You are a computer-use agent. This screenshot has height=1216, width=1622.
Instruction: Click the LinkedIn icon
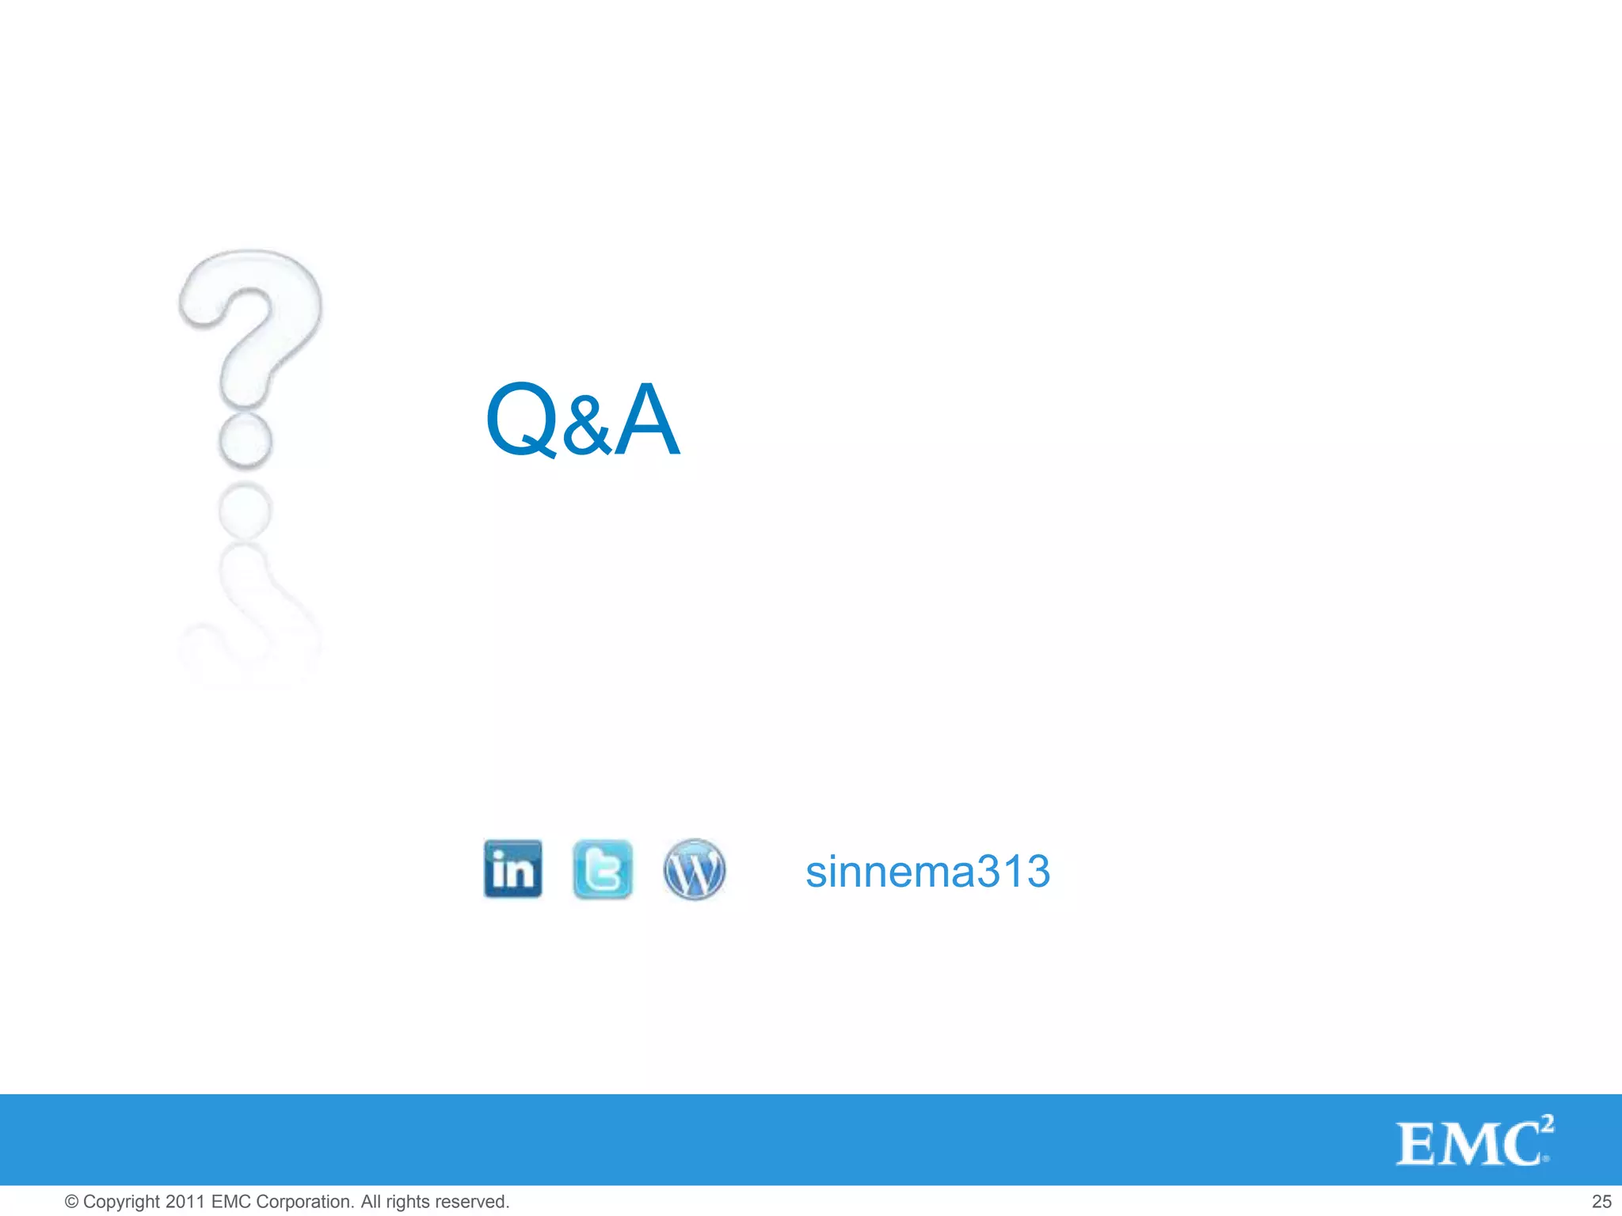(x=513, y=869)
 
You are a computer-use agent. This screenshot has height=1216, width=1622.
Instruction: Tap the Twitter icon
(x=603, y=869)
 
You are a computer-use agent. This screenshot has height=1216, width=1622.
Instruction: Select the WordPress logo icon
(x=694, y=869)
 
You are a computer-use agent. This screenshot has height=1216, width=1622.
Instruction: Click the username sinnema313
(x=927, y=872)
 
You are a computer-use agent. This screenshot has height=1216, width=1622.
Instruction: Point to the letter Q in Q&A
(x=522, y=420)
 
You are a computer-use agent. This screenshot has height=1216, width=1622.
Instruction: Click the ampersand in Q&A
(x=588, y=427)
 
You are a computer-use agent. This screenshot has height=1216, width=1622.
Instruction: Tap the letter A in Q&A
(x=647, y=420)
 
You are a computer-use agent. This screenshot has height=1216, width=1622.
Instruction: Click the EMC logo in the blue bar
(x=1473, y=1142)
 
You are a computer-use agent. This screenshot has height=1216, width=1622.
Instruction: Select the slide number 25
(x=1601, y=1202)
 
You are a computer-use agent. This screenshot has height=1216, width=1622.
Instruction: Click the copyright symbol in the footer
(x=71, y=1202)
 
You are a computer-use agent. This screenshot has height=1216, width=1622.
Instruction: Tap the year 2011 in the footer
(x=186, y=1202)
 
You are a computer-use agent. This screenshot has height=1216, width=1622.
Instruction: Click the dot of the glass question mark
(x=246, y=441)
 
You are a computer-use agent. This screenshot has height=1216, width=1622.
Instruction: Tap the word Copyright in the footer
(x=121, y=1202)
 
